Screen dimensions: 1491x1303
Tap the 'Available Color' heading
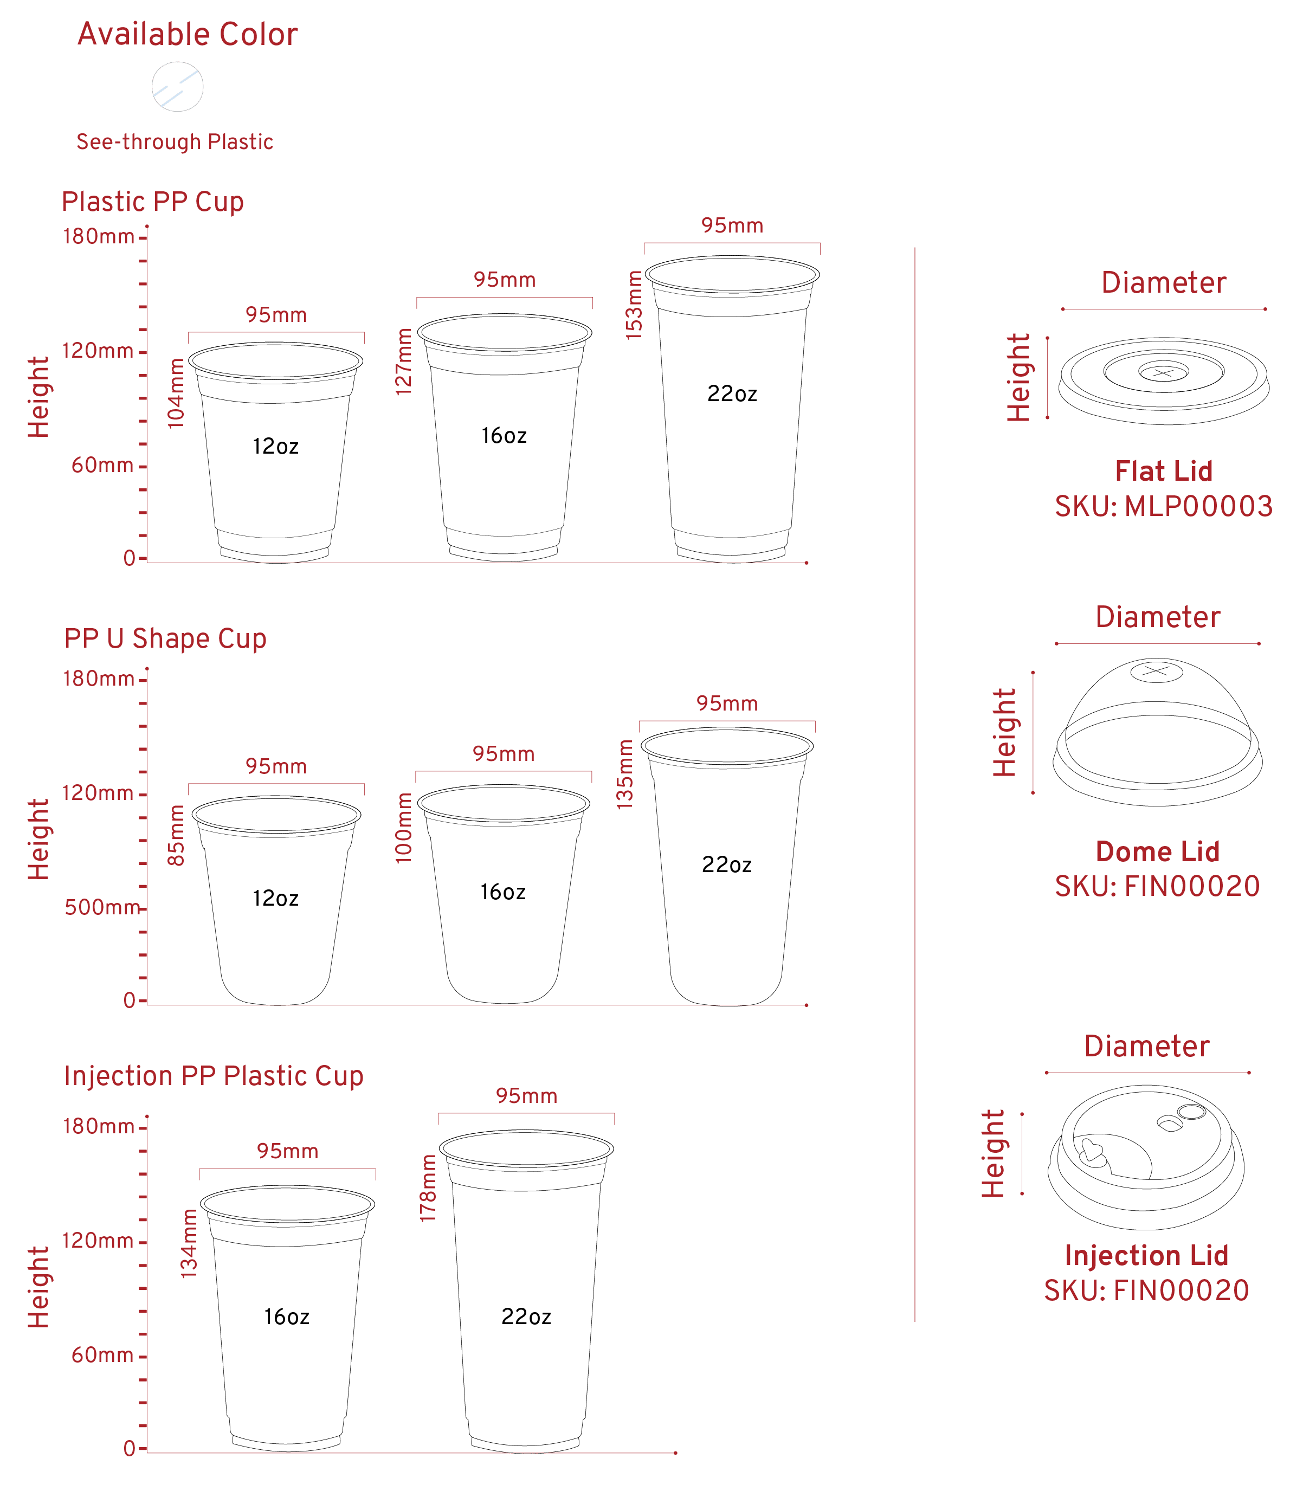188,35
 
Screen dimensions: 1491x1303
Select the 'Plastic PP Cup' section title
153,202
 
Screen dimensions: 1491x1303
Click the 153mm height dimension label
635,304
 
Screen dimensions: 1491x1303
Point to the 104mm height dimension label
177,392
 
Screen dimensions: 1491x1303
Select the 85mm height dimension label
177,835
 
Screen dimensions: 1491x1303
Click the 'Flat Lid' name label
1163,471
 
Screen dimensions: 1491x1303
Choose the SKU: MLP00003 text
1163,507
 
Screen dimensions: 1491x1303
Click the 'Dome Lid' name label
1158,851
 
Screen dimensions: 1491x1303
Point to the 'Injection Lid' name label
1147,1255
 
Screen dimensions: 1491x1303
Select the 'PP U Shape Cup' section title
166,638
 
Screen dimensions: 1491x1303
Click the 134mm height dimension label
189,1244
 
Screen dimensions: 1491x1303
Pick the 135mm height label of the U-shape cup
625,774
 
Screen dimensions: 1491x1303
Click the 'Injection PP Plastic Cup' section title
214,1076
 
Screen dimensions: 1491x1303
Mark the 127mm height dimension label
405,362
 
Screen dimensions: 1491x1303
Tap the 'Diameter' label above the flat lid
1163,283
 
